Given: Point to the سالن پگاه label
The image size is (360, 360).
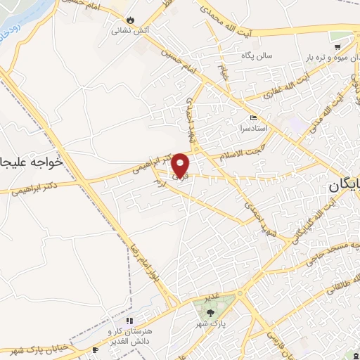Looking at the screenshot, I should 257,55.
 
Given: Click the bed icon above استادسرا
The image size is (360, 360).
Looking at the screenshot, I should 253,117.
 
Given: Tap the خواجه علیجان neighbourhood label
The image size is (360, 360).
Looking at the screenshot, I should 31,162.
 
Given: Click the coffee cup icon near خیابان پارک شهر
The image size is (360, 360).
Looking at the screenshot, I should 96,349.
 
